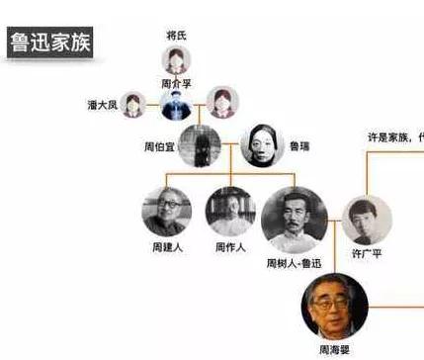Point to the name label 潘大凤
click(x=103, y=104)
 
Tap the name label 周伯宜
click(x=161, y=146)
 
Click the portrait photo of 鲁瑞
click(x=260, y=142)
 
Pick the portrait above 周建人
click(x=167, y=210)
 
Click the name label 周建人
click(x=167, y=246)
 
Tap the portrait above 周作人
click(x=230, y=210)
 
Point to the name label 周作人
click(x=230, y=246)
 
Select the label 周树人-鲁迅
click(x=295, y=264)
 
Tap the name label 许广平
click(x=368, y=255)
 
